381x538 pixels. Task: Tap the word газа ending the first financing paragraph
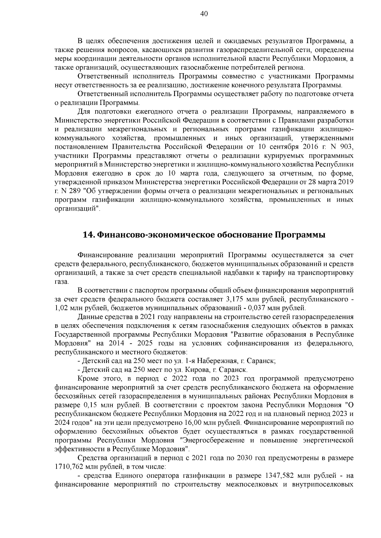pyautogui.click(x=61, y=282)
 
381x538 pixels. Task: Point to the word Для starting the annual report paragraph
pyautogui.click(x=84, y=112)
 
